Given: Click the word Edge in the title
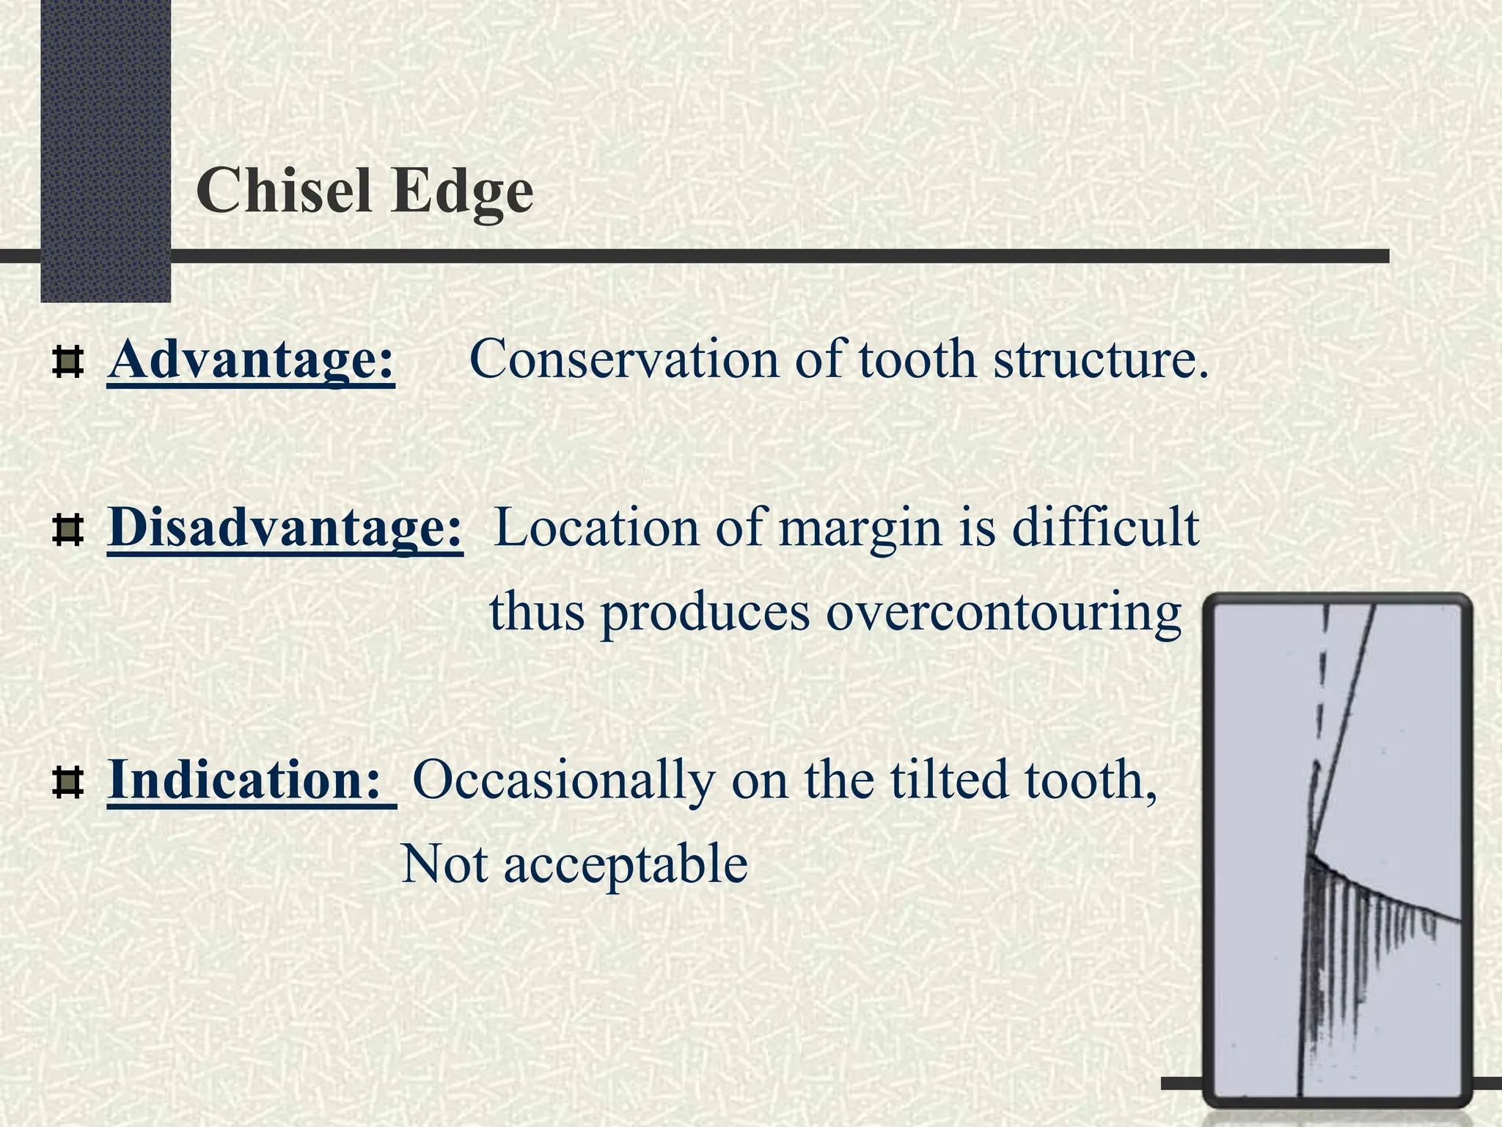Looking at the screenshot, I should click(461, 192).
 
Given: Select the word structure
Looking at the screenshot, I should click(1100, 361).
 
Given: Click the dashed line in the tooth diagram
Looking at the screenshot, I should click(1322, 697).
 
